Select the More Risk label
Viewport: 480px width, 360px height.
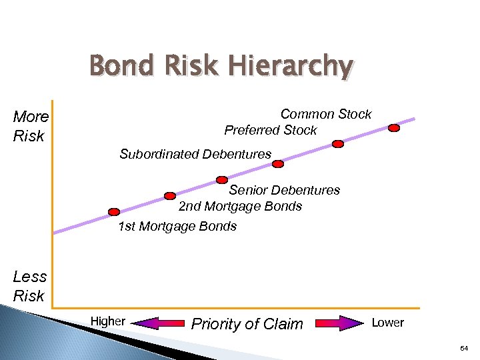pyautogui.click(x=31, y=126)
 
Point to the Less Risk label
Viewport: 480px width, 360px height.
pyautogui.click(x=29, y=286)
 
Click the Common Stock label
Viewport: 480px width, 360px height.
pyautogui.click(x=325, y=114)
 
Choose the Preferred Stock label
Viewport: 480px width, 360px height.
pyautogui.click(x=270, y=130)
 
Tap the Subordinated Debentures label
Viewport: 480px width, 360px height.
pyautogui.click(x=195, y=154)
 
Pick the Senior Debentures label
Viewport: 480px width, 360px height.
pyautogui.click(x=284, y=190)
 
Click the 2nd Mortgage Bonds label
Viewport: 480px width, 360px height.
pyautogui.click(x=240, y=206)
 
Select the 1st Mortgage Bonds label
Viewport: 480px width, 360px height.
pyautogui.click(x=177, y=226)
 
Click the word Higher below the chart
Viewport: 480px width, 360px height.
pyautogui.click(x=107, y=321)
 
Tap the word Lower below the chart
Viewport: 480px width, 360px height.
pyautogui.click(x=387, y=323)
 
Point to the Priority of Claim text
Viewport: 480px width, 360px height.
pyautogui.click(x=247, y=324)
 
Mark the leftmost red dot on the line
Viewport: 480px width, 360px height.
pyautogui.click(x=115, y=212)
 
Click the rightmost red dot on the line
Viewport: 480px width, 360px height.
pyautogui.click(x=394, y=127)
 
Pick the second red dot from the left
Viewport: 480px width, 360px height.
pyautogui.click(x=170, y=196)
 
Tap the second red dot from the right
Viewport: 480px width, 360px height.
pyautogui.click(x=338, y=143)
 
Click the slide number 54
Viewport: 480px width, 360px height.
pyautogui.click(x=464, y=349)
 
